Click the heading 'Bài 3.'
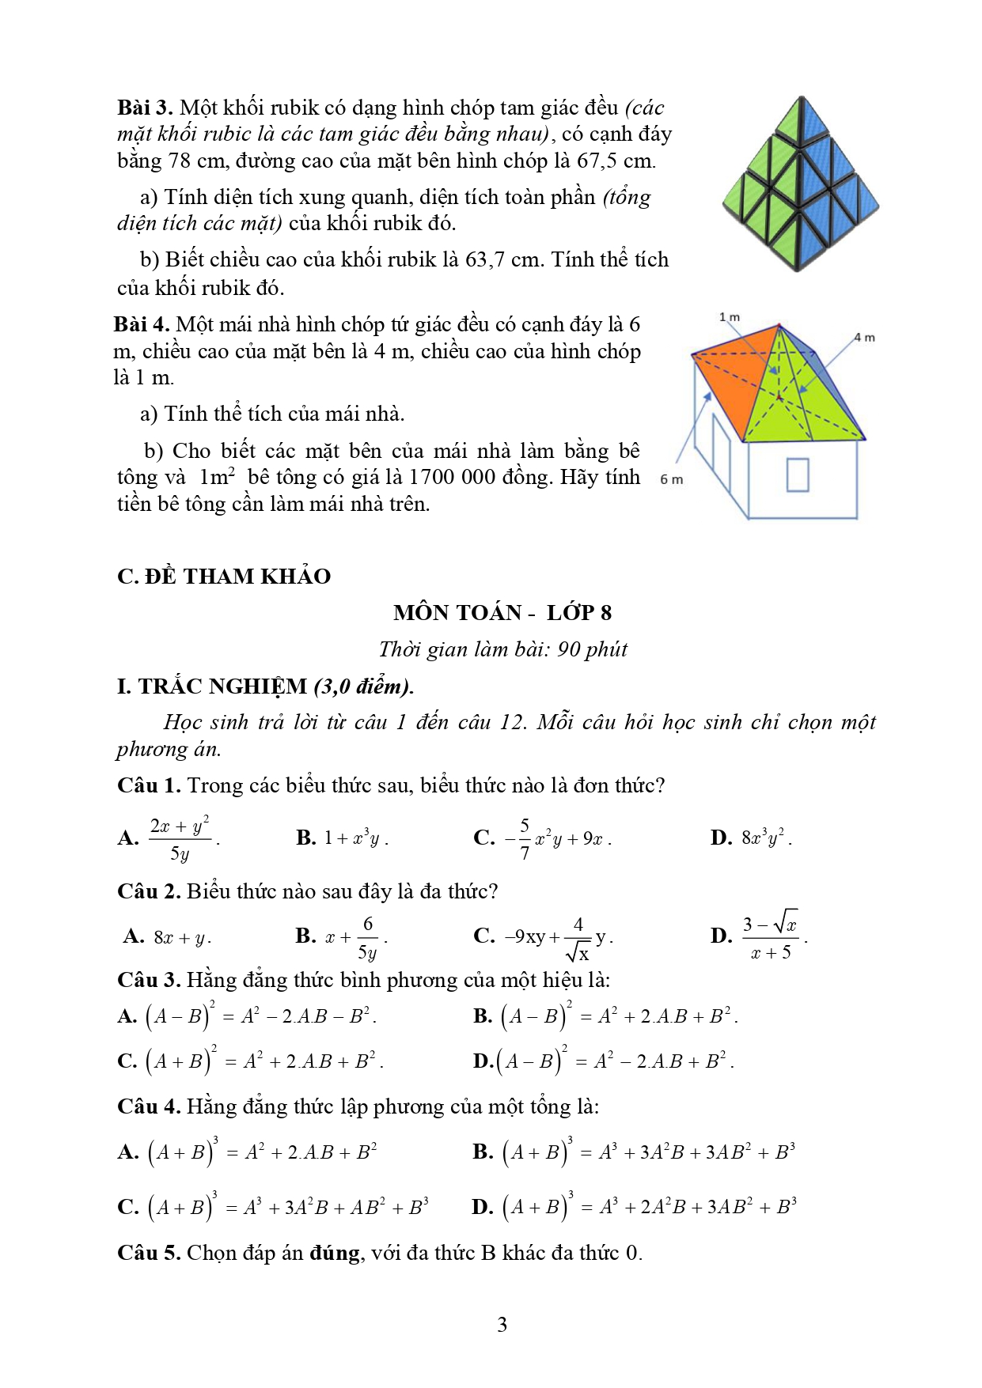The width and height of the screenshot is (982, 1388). pos(145,108)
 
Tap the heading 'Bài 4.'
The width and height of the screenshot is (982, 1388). pos(142,324)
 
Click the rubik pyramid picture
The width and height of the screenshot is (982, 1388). pos(800,183)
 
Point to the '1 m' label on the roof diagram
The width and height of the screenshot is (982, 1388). pos(729,317)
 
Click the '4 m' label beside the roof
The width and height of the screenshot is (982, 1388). pos(864,338)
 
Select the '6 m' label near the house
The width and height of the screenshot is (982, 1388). pos(671,479)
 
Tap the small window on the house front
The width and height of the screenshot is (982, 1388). pos(798,475)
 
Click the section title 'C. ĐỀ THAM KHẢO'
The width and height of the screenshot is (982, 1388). pos(224,576)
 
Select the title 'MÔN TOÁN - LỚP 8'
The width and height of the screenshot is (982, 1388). pos(502,612)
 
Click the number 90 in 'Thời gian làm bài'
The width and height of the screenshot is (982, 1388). pos(568,649)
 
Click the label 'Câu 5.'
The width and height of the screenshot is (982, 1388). pos(149,1253)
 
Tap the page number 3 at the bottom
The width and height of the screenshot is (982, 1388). pos(502,1325)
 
